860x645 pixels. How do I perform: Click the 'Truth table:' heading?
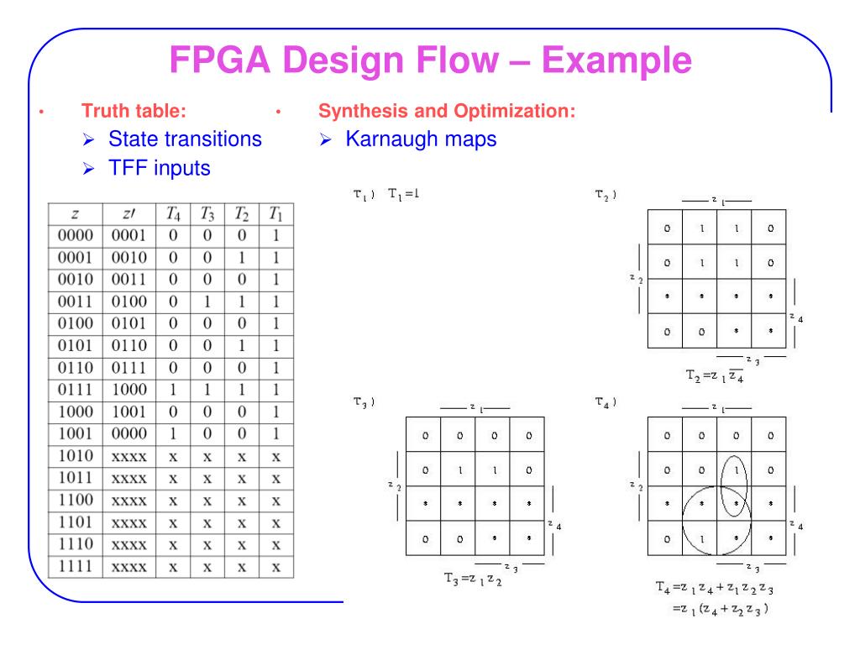134,110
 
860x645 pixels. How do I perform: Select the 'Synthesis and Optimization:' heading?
447,110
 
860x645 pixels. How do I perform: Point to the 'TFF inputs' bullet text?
160,168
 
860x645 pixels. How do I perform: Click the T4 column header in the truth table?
172,214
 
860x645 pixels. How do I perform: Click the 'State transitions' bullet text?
186,139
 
